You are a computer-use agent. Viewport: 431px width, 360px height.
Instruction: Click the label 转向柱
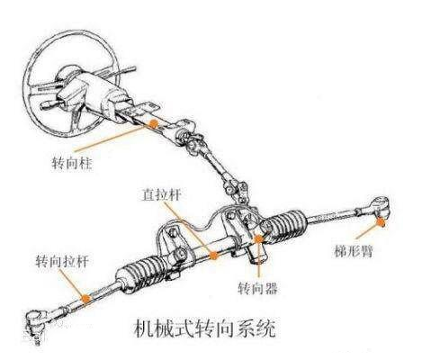(72, 163)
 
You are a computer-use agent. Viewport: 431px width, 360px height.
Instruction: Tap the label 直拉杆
(162, 194)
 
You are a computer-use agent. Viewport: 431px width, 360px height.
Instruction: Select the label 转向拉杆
(62, 262)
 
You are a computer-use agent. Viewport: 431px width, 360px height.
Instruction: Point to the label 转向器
(257, 288)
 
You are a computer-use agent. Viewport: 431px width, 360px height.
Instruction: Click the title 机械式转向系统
(205, 329)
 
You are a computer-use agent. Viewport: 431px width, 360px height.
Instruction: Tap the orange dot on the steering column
(154, 124)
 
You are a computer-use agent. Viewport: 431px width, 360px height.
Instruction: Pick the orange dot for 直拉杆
(213, 256)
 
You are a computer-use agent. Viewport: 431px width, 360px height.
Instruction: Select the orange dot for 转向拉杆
(85, 298)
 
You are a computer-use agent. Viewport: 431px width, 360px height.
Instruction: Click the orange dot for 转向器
(258, 239)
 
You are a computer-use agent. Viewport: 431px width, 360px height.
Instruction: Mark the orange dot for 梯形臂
(381, 222)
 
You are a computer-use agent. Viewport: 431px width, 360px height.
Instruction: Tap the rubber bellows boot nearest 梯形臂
(286, 227)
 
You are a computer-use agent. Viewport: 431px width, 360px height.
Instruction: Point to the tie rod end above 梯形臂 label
(377, 206)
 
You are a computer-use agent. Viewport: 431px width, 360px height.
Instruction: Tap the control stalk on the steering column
(52, 104)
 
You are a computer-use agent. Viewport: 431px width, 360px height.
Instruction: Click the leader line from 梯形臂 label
(367, 231)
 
